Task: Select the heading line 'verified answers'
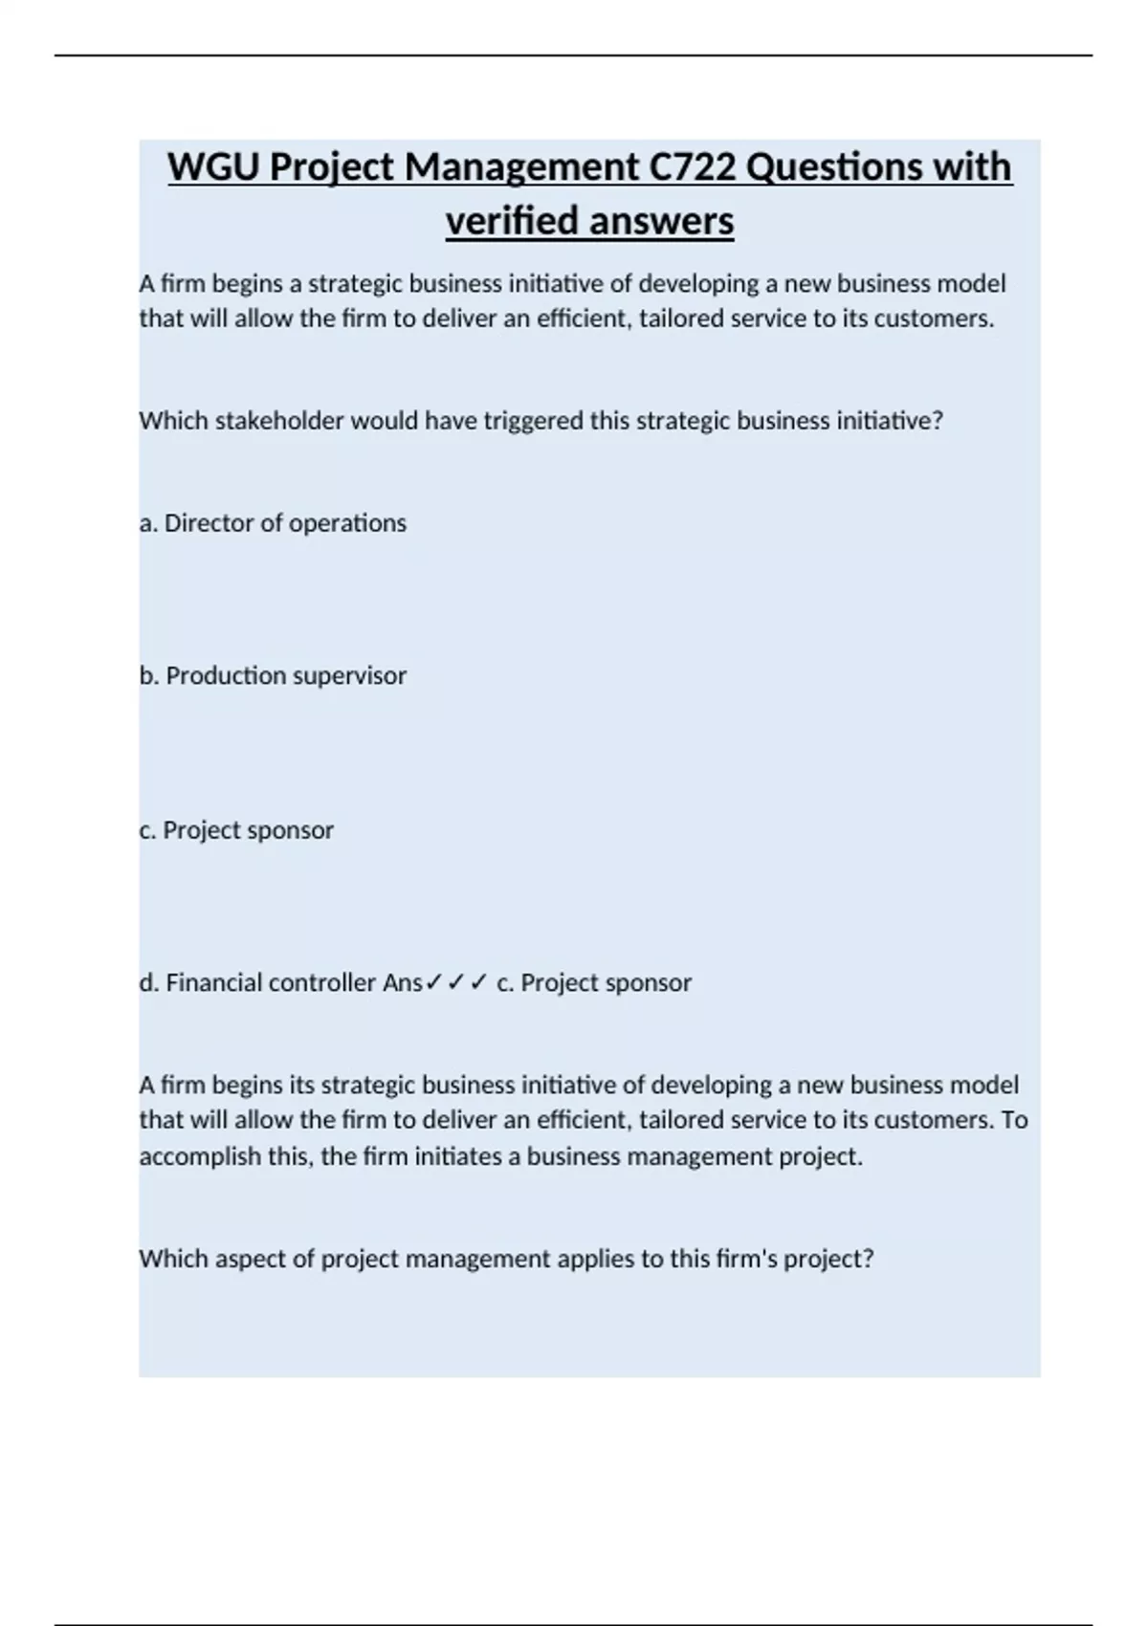click(589, 221)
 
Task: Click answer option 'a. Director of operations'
click(273, 523)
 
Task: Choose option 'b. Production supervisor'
click(273, 675)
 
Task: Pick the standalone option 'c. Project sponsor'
click(236, 829)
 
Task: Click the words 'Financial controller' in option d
click(271, 982)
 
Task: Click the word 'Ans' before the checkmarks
click(402, 982)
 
